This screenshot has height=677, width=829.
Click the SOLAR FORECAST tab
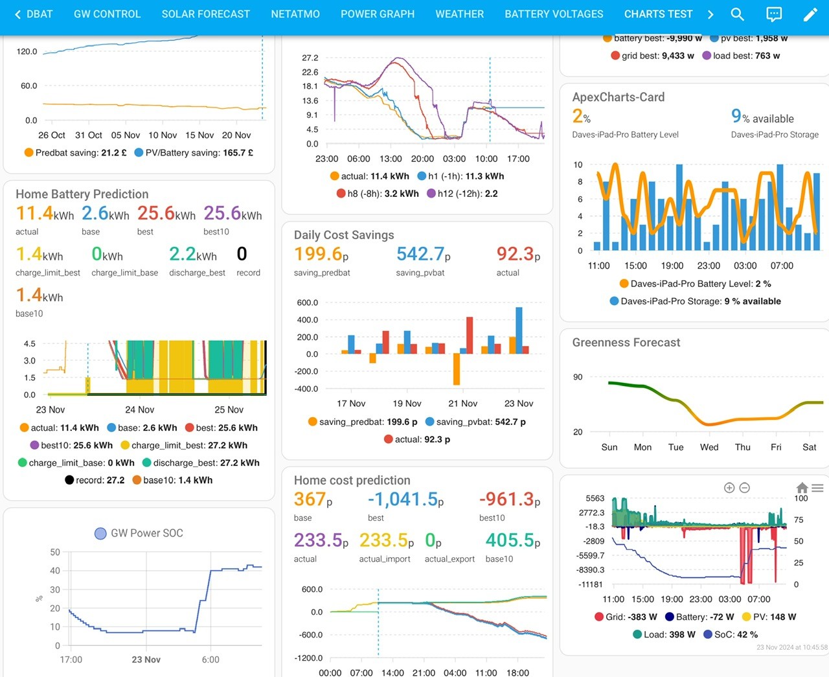[x=205, y=14]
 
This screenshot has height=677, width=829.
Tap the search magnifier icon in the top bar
[x=737, y=14]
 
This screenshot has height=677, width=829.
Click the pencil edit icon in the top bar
[x=810, y=14]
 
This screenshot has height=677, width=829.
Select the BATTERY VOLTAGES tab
[x=554, y=14]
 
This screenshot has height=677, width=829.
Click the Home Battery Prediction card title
[x=82, y=194]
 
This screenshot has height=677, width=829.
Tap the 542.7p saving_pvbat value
[x=423, y=254]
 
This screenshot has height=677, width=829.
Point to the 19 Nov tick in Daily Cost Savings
[x=407, y=404]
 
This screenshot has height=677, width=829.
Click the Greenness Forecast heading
[x=626, y=343]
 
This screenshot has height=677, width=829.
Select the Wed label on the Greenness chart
[x=709, y=447]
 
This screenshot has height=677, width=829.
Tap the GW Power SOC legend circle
[x=100, y=533]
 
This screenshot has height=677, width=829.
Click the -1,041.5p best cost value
[x=405, y=499]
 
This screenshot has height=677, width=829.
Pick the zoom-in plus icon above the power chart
[x=729, y=488]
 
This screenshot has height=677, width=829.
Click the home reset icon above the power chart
[x=802, y=488]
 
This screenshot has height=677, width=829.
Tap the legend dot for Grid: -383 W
[x=599, y=617]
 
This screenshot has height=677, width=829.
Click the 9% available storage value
[x=762, y=117]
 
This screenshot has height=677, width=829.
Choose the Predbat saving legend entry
[x=76, y=152]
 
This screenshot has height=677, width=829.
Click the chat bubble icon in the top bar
[x=773, y=14]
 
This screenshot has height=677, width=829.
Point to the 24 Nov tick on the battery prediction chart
[x=139, y=409]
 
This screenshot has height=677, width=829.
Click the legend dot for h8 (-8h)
[x=341, y=194]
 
